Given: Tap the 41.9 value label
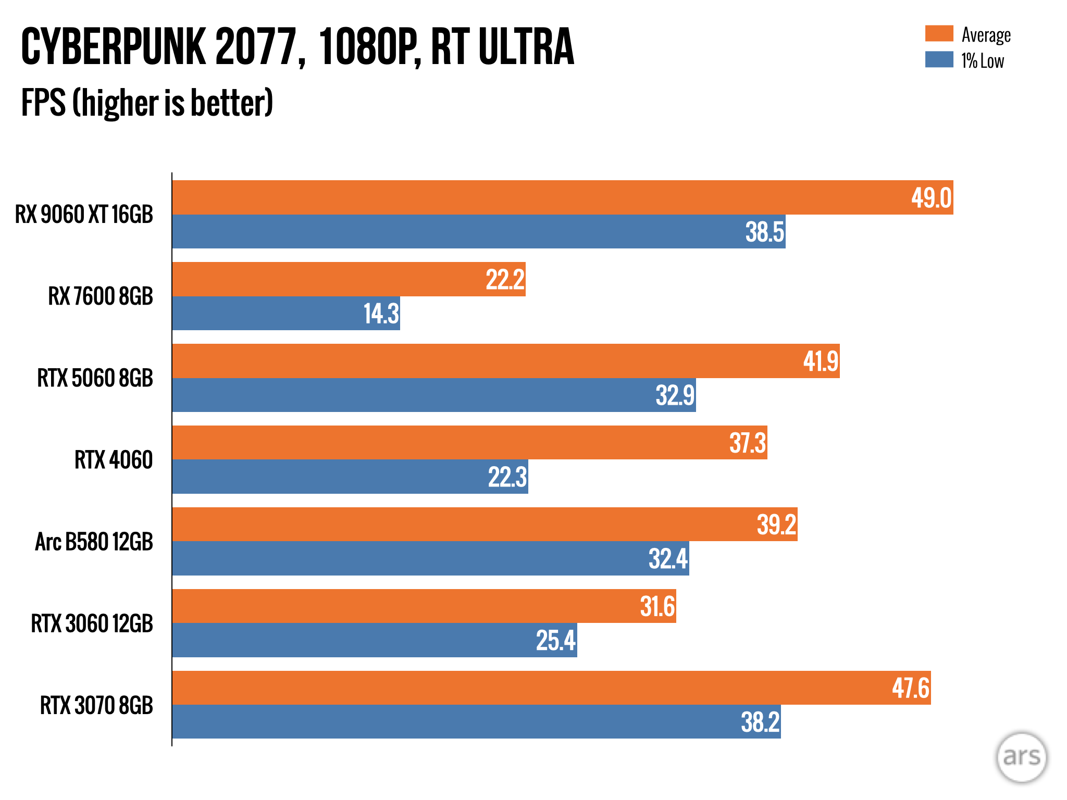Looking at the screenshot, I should (821, 361).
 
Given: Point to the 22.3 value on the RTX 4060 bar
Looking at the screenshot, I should (507, 477).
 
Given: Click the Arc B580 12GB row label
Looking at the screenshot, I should (94, 542).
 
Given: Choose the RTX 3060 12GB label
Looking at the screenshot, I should (92, 623).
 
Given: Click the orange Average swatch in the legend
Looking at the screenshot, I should (939, 33).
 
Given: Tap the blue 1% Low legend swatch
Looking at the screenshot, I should (939, 59).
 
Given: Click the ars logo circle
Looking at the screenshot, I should (1021, 757).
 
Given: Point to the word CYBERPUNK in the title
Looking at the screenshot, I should (114, 47).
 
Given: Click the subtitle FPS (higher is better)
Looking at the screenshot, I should (147, 103).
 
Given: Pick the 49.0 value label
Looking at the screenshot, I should (931, 198).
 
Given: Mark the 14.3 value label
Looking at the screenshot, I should (381, 314).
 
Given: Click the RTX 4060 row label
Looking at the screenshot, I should (114, 460).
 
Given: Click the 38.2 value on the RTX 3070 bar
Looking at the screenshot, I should (760, 722).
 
